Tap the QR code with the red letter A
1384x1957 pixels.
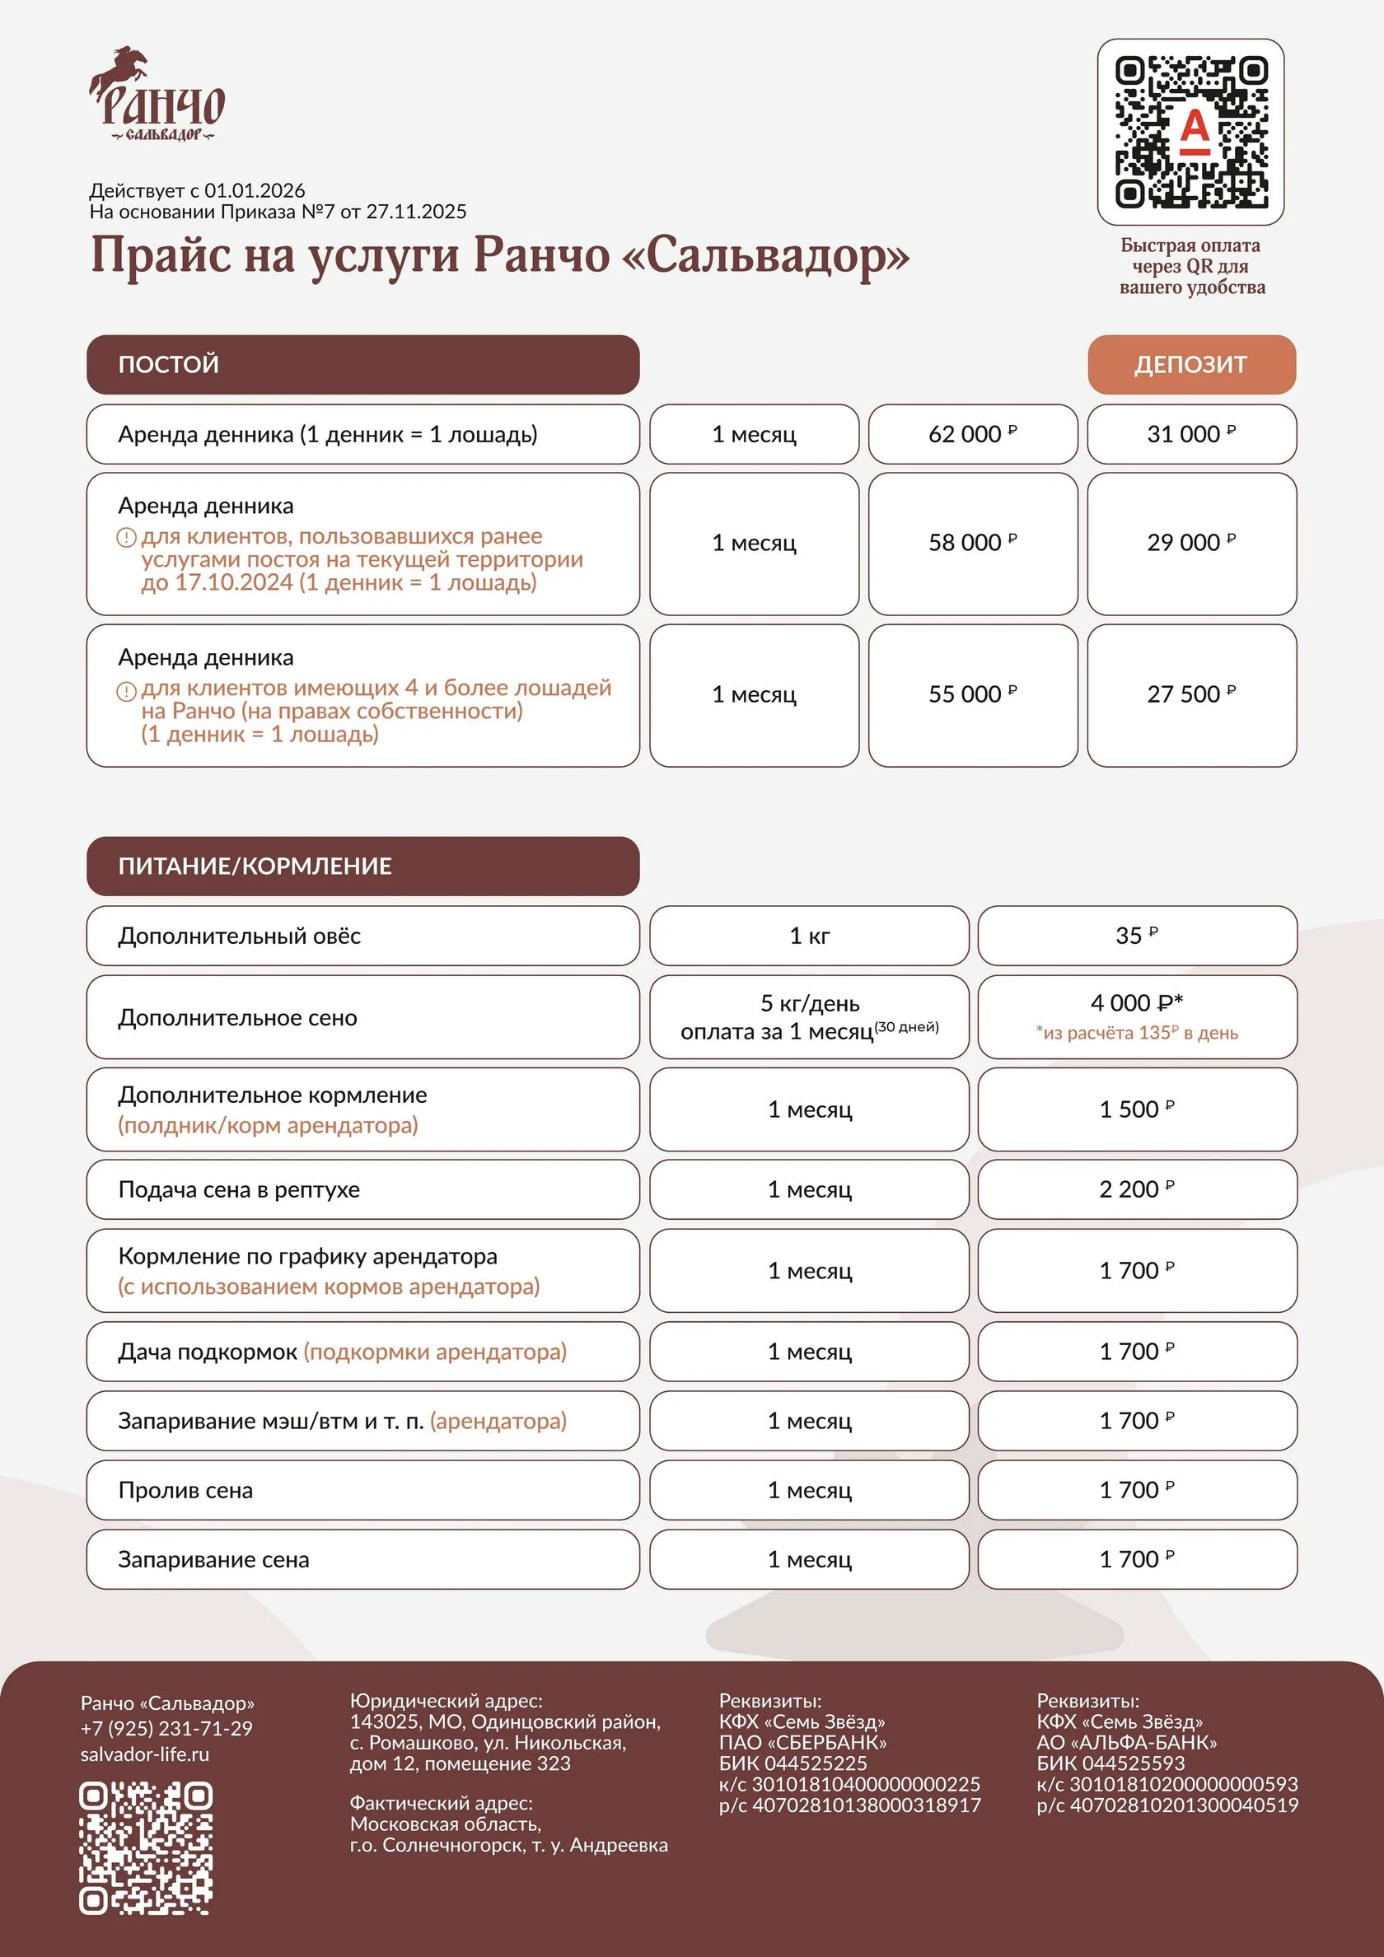[1190, 132]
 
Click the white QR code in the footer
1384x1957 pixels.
[146, 1847]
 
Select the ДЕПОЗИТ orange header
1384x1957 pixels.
[1191, 365]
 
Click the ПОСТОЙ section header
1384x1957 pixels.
[362, 365]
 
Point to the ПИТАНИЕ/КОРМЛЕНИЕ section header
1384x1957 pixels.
[362, 866]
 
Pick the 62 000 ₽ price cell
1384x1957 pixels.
[972, 435]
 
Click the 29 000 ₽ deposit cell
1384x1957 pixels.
[1191, 543]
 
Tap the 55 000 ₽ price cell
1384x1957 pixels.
[972, 694]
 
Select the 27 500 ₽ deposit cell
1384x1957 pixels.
[1191, 694]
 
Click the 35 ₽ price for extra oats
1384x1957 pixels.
[1137, 936]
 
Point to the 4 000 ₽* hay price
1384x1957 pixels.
[1137, 1004]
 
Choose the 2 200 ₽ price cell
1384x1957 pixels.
[1137, 1189]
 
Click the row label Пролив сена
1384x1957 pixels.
[186, 1490]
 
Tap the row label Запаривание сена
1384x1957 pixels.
[213, 1559]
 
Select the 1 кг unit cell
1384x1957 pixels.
[809, 936]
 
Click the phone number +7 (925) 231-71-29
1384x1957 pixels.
[166, 1729]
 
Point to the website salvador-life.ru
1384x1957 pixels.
[145, 1754]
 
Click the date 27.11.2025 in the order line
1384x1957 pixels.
[416, 212]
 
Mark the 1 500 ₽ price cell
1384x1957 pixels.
[1137, 1109]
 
